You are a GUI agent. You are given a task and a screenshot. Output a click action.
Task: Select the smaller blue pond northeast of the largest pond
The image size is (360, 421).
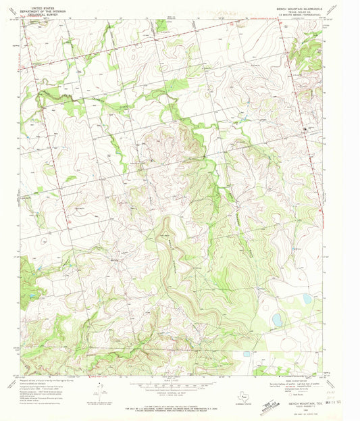[x=308, y=298]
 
